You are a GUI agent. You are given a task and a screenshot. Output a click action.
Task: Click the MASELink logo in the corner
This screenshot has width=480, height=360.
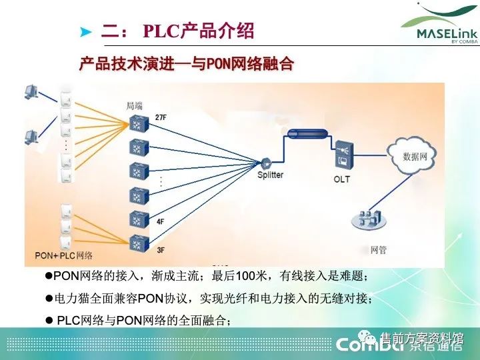click(x=438, y=27)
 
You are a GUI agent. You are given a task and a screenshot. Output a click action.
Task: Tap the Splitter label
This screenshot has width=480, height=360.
click(x=270, y=175)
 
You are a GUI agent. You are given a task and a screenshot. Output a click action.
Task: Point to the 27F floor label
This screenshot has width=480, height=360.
click(x=161, y=117)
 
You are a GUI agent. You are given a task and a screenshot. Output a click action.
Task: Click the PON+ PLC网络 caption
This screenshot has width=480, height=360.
click(x=63, y=255)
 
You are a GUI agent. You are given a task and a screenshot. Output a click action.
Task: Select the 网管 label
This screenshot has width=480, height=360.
click(x=378, y=251)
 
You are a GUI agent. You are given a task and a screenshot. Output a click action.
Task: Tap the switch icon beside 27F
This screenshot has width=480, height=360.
click(x=139, y=123)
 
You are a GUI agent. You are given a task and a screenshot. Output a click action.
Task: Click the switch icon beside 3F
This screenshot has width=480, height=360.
click(x=139, y=241)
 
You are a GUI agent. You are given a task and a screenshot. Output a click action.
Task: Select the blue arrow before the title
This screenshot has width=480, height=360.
click(x=85, y=32)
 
